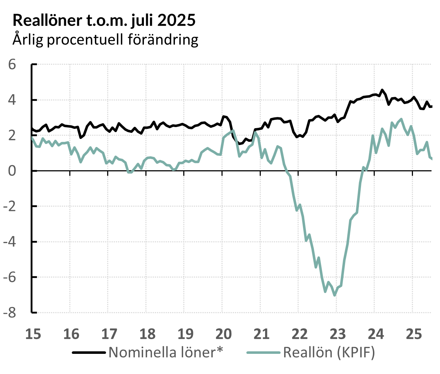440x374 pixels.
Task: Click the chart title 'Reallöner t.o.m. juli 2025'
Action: pos(104,21)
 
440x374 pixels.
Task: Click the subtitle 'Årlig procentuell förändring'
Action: pos(105,39)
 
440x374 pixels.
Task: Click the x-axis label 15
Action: pos(33,334)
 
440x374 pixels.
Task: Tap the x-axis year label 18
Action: pos(147,334)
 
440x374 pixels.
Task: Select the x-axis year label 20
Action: pos(223,334)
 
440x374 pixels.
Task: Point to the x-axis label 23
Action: pos(338,334)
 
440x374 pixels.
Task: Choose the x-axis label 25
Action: pos(414,334)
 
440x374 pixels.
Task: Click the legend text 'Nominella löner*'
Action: pos(166,352)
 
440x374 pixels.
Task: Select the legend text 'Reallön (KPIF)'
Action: pos(329,352)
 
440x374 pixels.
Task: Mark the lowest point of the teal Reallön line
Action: pos(335,295)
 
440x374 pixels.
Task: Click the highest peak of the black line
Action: pos(382,90)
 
